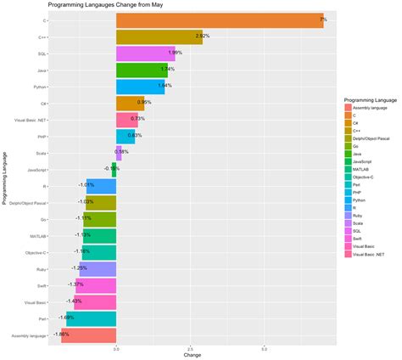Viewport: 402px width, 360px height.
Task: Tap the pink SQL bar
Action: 145,53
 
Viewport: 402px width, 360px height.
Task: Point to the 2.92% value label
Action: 203,37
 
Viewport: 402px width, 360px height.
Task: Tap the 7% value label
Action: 322,20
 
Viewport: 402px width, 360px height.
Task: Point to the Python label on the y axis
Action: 40,86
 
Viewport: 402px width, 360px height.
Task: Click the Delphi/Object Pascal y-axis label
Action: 29,203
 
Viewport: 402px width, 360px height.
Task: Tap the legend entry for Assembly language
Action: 370,106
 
